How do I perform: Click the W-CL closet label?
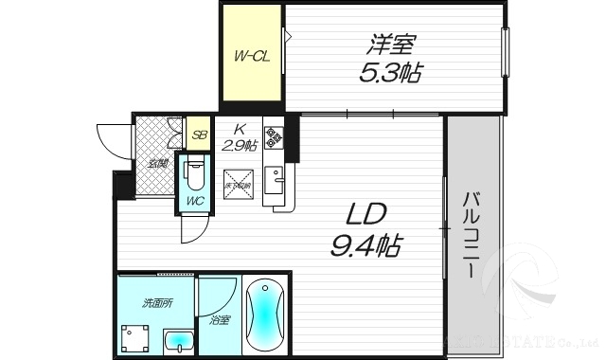pos(253,55)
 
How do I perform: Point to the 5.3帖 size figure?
pos(391,70)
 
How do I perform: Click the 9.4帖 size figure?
pos(366,246)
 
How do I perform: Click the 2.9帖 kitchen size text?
pos(241,145)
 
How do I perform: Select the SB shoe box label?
pos(200,135)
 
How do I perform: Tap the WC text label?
pos(193,201)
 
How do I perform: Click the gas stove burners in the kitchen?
pos(273,138)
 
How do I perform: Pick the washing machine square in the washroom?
pos(134,336)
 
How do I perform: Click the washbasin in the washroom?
pos(177,340)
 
